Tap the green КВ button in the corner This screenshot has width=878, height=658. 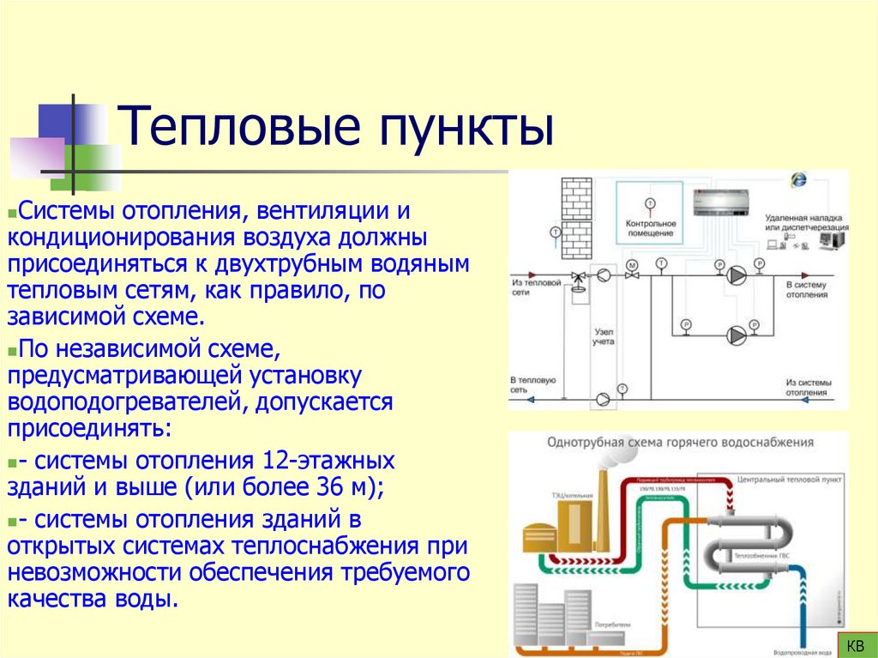pos(854,645)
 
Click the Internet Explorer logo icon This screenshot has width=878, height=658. pos(798,179)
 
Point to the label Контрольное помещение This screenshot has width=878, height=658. pos(649,227)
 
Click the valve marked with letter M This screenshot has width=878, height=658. pos(633,265)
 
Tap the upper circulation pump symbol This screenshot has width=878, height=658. pos(735,275)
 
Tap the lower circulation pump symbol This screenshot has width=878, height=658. pos(735,334)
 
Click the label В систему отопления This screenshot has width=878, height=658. pos(807,289)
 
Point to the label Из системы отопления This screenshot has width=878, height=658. pos(807,387)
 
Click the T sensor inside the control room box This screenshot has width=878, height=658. pos(649,203)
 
